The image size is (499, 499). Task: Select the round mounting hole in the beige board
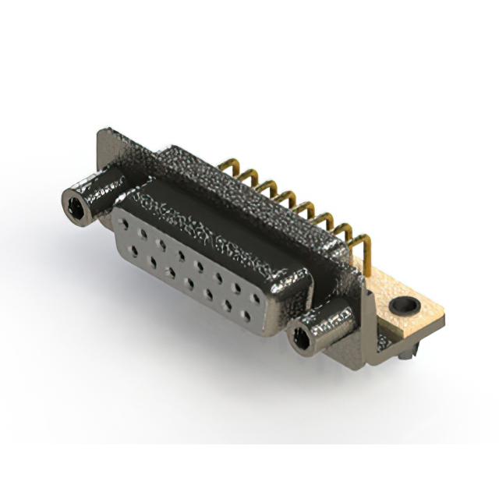[404, 305]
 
